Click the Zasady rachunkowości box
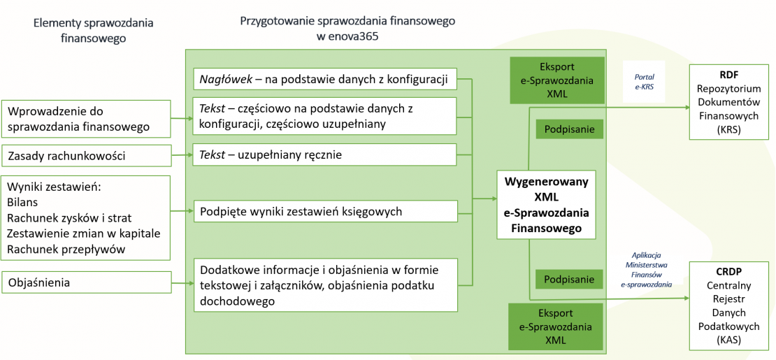[87, 155]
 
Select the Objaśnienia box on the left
[87, 283]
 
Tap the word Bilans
[24, 203]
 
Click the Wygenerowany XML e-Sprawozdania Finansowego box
[546, 204]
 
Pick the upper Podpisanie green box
[569, 129]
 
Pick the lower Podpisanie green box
[569, 279]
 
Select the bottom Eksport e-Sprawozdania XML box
[556, 326]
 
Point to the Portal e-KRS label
[644, 81]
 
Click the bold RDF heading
[729, 75]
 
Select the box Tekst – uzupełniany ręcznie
[325, 155]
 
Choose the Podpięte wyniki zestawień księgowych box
[325, 210]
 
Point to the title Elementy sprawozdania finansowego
[93, 31]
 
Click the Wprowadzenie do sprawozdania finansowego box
[87, 119]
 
